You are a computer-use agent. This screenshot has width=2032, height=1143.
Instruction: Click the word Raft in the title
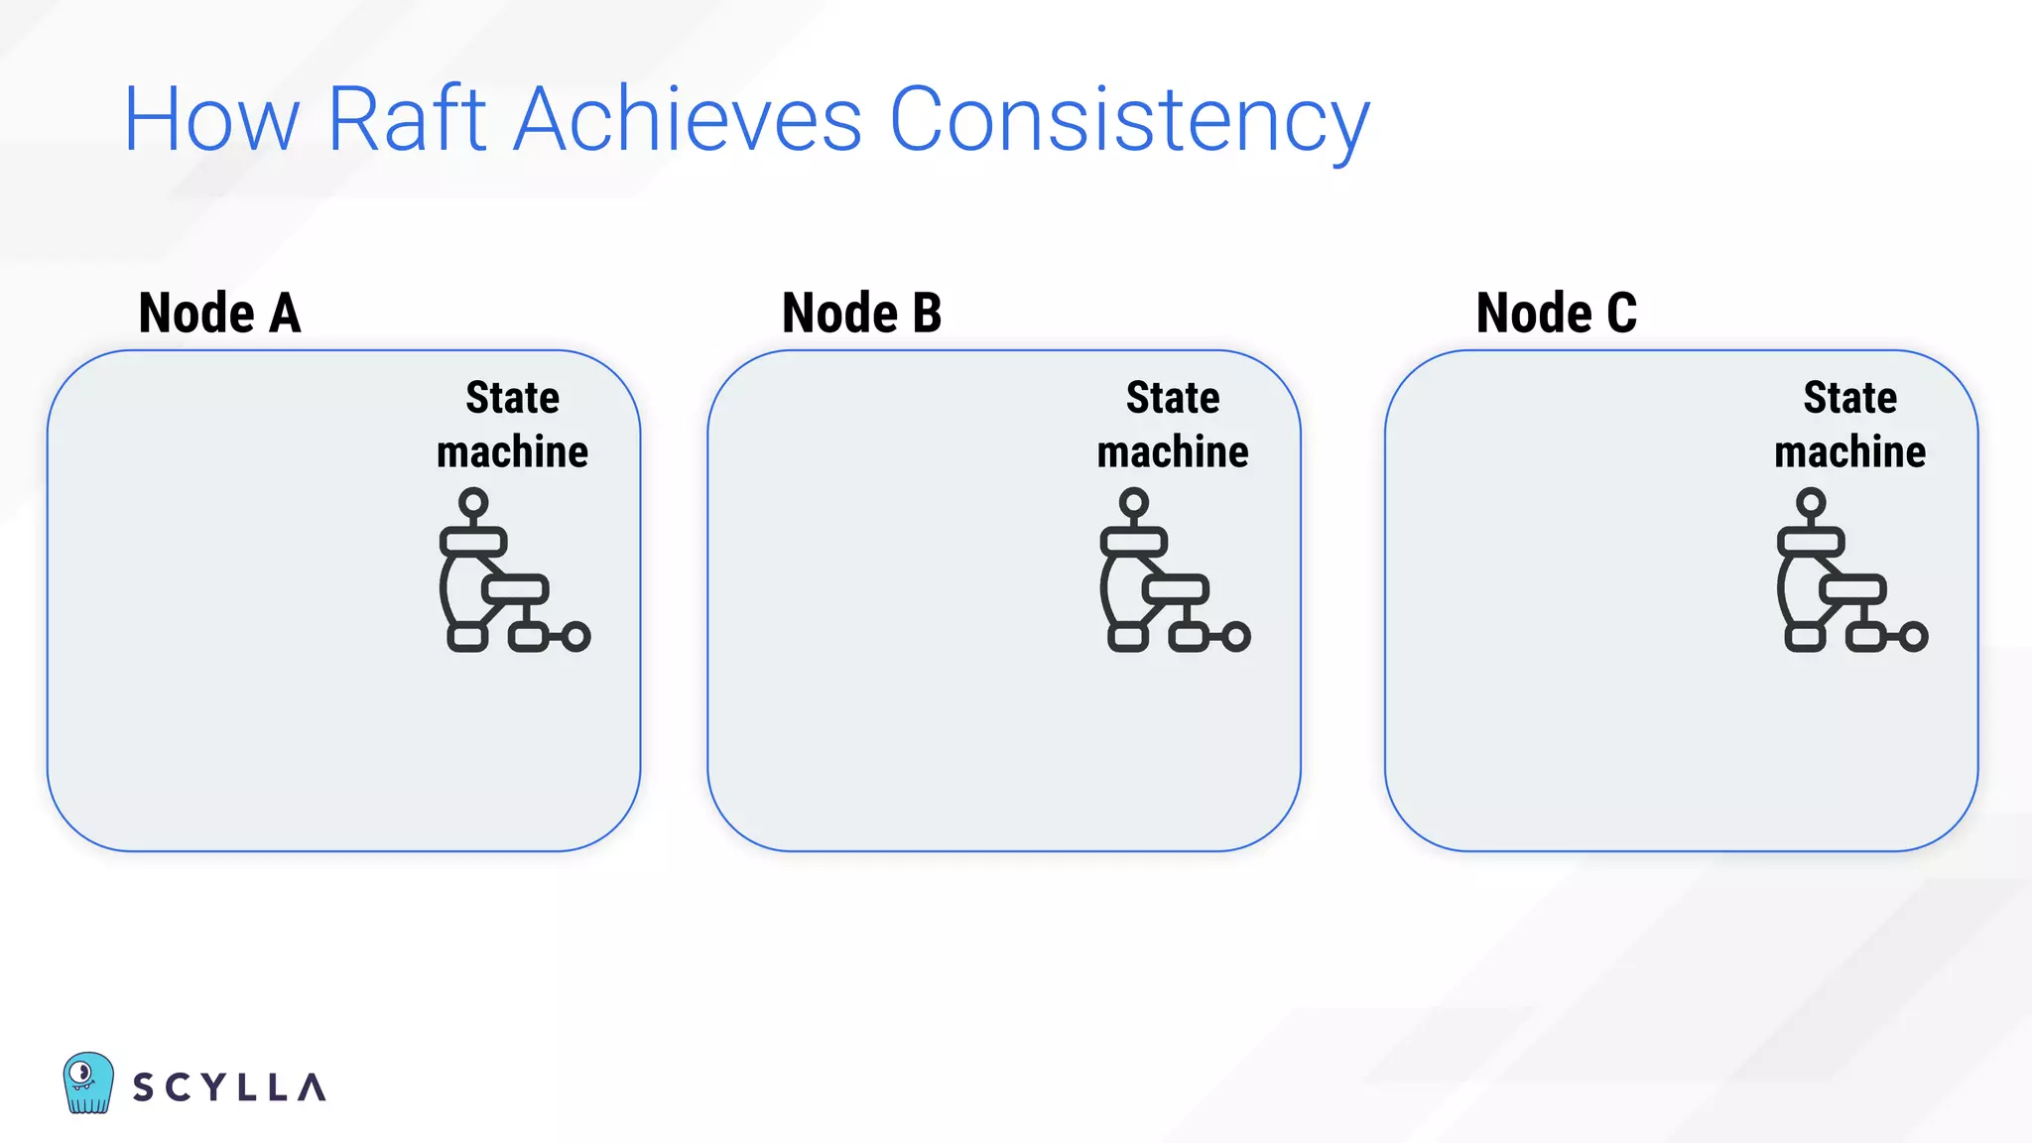tap(406, 120)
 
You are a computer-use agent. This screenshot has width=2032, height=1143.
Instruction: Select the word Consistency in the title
tap(1129, 120)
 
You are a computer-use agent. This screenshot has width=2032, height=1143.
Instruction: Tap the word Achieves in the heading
tap(688, 120)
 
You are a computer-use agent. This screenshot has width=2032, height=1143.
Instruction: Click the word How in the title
tap(210, 120)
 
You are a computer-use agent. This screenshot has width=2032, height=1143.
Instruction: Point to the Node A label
tap(219, 313)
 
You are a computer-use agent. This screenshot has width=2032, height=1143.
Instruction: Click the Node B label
tap(861, 313)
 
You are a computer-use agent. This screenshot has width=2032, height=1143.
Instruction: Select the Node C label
tap(1556, 313)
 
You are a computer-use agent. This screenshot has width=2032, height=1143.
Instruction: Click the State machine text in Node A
tap(512, 425)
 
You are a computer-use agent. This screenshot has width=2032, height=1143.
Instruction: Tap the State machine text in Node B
tap(1173, 425)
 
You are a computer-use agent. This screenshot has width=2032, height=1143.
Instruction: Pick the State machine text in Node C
tap(1849, 425)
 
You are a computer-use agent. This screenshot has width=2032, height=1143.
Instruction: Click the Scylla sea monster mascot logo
tap(87, 1082)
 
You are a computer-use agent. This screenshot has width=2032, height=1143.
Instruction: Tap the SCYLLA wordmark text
tap(229, 1087)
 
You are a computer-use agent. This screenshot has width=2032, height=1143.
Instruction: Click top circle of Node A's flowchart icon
tap(473, 502)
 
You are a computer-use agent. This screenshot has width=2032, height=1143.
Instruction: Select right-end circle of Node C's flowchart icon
tap(1913, 636)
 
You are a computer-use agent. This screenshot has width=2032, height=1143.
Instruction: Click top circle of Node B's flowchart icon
tap(1133, 502)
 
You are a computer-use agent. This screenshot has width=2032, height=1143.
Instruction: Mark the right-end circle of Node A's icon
tap(575, 636)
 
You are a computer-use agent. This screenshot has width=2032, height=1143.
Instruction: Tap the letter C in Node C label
tap(1621, 313)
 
